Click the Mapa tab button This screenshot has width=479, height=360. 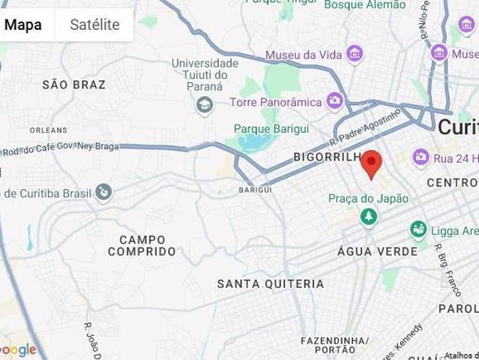[x=23, y=25]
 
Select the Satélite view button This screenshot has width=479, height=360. [x=94, y=25]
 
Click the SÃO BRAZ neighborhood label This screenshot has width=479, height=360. [x=74, y=85]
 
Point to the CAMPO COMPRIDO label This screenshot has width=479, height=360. [x=142, y=245]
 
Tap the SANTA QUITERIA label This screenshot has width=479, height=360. [x=271, y=284]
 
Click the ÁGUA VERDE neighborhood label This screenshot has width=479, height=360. [x=377, y=251]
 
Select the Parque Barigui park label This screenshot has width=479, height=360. [x=271, y=129]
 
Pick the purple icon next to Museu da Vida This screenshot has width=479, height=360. [x=355, y=54]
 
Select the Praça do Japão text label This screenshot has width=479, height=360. [x=368, y=199]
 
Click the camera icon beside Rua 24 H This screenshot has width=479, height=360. [x=421, y=157]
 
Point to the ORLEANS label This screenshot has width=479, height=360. [x=49, y=130]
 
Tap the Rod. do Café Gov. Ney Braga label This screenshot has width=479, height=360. [x=60, y=148]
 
